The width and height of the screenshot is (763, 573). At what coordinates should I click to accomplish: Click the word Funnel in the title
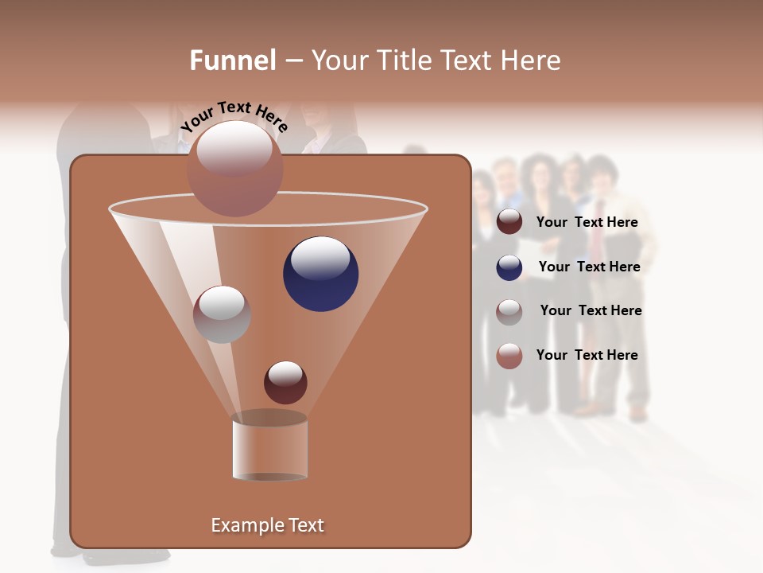(x=232, y=60)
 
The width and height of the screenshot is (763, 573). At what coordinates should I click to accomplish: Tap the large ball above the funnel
(x=235, y=168)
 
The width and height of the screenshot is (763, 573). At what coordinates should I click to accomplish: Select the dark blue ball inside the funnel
(x=320, y=274)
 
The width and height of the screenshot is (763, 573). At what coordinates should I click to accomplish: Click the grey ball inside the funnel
(x=222, y=314)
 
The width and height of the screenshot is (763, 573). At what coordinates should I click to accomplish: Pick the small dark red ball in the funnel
(x=285, y=382)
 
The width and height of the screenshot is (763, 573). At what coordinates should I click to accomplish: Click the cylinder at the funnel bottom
(x=269, y=449)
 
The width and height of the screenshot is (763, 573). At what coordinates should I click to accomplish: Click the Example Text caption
(x=267, y=525)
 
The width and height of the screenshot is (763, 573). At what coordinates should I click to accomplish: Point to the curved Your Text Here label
(x=234, y=117)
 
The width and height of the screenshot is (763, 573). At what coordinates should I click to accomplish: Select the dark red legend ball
(x=509, y=222)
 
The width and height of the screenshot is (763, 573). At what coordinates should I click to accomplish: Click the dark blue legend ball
(x=509, y=267)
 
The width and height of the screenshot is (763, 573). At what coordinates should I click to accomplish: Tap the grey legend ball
(x=509, y=311)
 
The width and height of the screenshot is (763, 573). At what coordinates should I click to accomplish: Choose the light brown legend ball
(x=509, y=356)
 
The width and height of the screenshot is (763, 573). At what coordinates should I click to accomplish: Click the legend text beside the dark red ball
(x=587, y=223)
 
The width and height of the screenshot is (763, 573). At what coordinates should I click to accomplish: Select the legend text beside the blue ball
(x=589, y=267)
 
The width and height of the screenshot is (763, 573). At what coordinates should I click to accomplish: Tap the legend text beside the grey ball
(x=591, y=311)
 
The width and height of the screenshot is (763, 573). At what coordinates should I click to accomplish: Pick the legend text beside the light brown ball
(x=587, y=356)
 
